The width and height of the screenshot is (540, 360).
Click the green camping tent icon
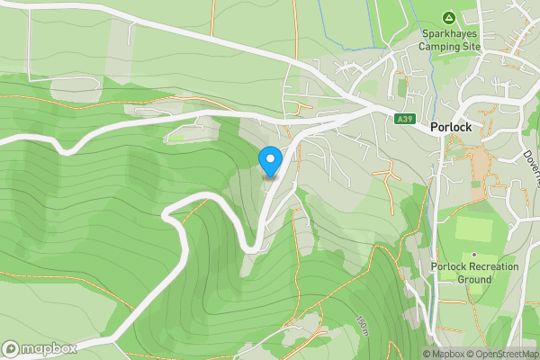pyautogui.click(x=448, y=17)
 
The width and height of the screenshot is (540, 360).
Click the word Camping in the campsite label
pyautogui.click(x=442, y=47)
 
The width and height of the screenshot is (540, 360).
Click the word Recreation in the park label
pyautogui.click(x=490, y=266)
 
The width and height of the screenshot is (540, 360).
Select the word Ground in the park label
pyautogui.click(x=474, y=279)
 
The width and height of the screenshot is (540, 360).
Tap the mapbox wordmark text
pyautogui.click(x=49, y=348)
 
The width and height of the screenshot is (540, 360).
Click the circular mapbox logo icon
pyautogui.click(x=11, y=348)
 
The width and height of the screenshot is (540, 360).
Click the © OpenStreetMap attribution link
pyautogui.click(x=503, y=354)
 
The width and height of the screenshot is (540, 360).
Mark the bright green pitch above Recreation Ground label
pyautogui.click(x=473, y=228)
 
